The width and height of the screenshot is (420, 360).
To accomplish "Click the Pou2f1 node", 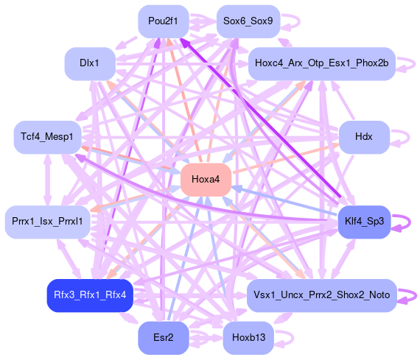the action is (164, 21).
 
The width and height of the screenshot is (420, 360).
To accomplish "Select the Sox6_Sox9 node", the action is (248, 21).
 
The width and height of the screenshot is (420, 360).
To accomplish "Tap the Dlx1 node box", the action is (90, 64).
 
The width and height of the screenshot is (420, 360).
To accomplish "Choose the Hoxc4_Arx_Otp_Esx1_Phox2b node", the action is (322, 64).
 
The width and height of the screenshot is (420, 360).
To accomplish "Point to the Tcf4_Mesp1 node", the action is (47, 137).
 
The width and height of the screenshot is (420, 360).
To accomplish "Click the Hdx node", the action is (364, 137).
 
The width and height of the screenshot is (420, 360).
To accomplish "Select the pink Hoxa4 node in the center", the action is (206, 180).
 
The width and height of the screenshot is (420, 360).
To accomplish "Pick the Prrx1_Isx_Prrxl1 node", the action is (47, 222).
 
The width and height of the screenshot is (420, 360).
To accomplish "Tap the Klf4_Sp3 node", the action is (364, 222).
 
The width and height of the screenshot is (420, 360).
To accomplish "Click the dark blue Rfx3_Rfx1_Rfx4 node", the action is (90, 295).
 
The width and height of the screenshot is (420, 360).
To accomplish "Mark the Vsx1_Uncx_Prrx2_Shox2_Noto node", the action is (322, 295).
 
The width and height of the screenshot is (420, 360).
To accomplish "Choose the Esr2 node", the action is (164, 338).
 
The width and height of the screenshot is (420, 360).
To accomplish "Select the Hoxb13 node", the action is (248, 338).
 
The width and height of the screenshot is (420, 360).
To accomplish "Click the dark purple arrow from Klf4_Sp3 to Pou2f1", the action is (260, 118).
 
